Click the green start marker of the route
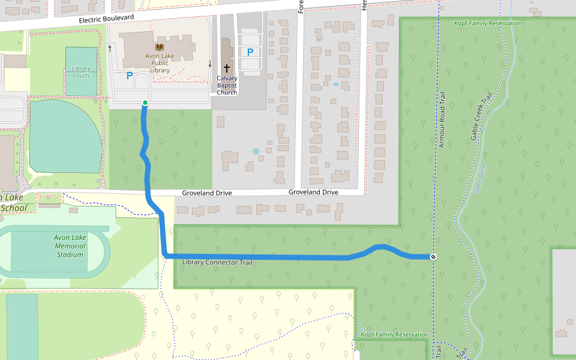point(145,103)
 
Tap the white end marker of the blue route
point(433,257)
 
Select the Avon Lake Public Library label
point(160,63)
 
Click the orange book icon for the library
point(160,47)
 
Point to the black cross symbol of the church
point(227,68)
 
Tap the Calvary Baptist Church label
point(227,85)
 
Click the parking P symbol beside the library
point(129,76)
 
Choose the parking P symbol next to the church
point(250,52)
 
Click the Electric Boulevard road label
point(107,19)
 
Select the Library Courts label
point(81,72)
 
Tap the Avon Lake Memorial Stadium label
point(70,246)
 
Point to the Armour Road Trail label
point(442,119)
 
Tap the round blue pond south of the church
point(256,152)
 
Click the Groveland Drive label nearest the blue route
point(207,193)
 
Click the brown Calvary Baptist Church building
point(226,51)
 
